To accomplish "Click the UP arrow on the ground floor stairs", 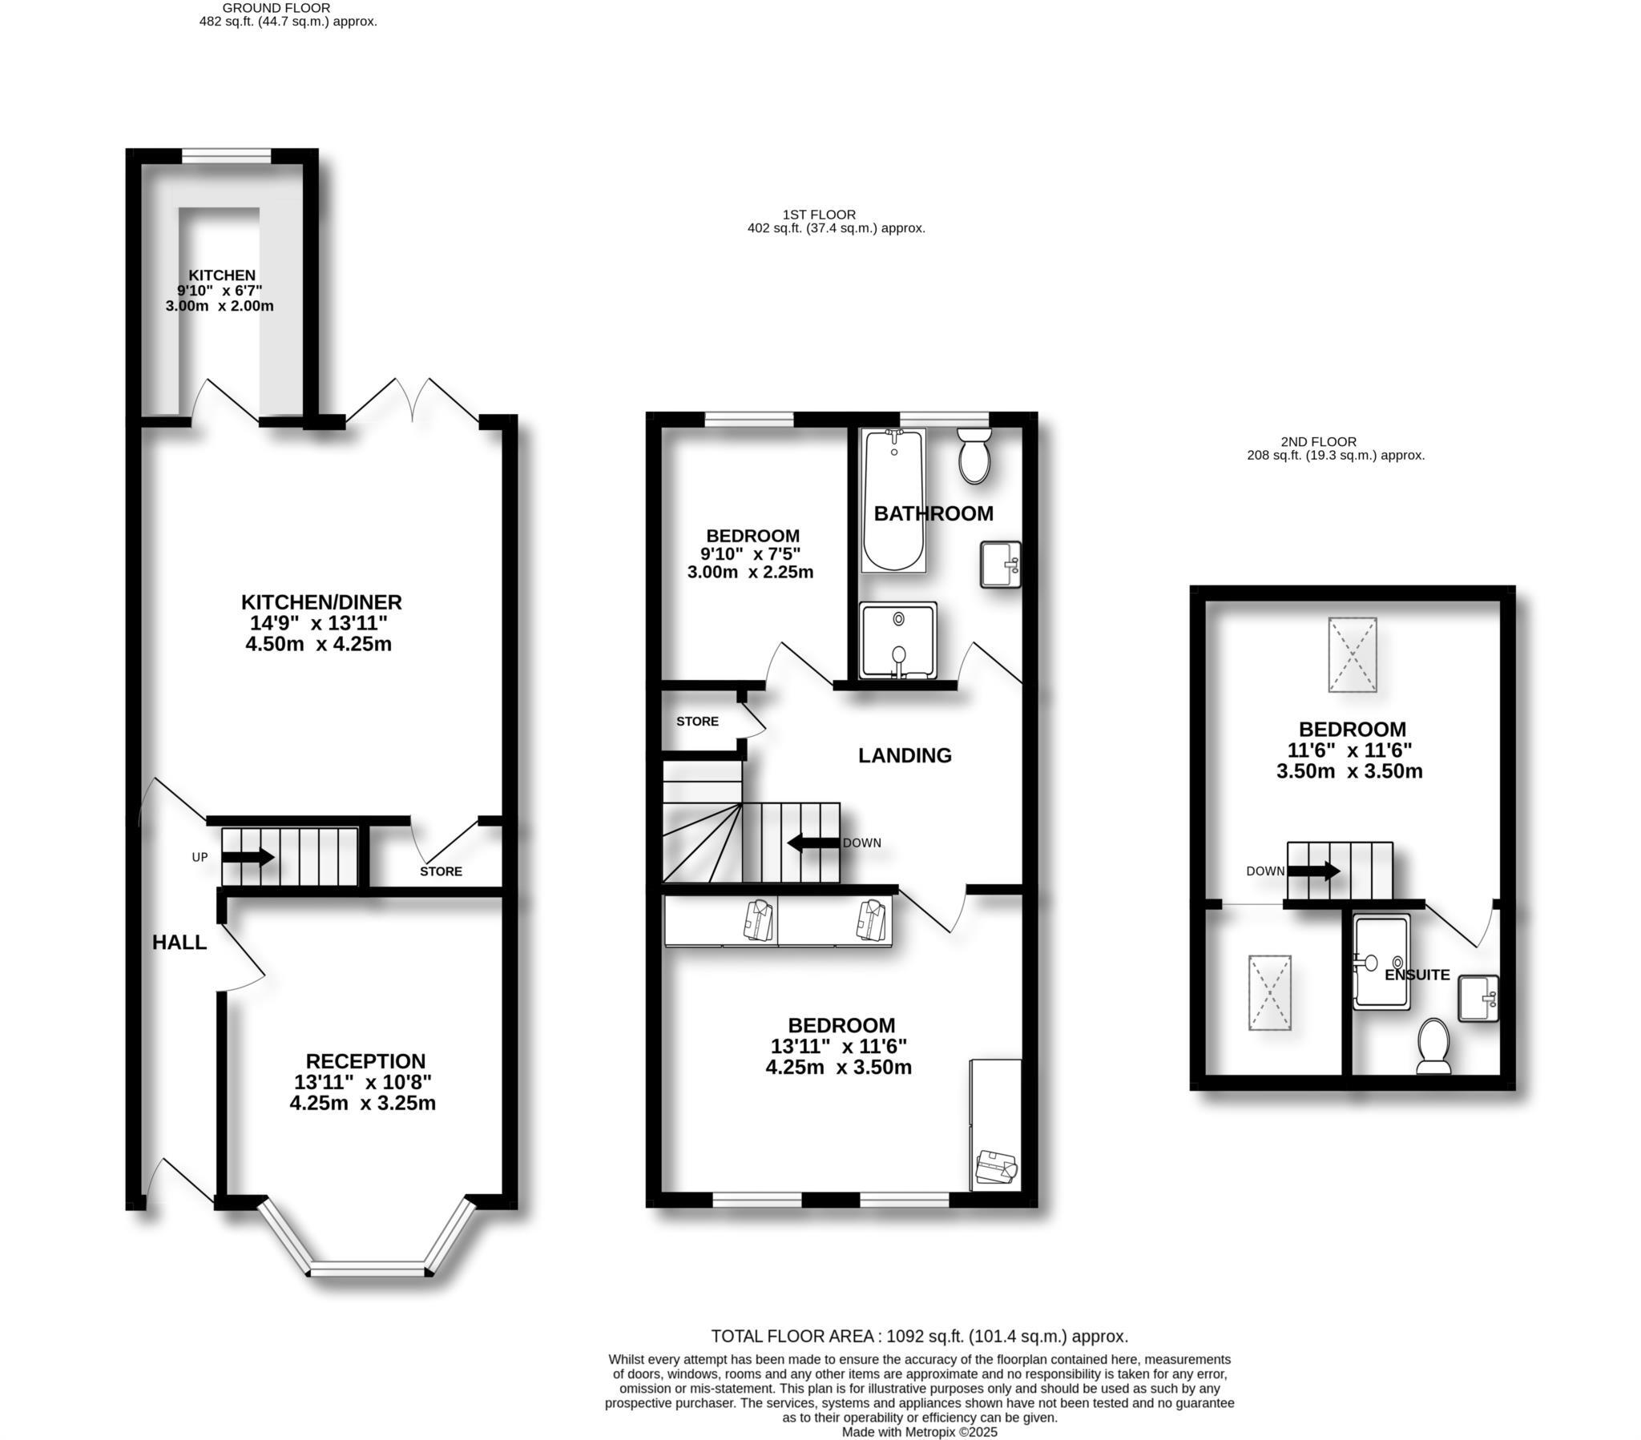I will (x=248, y=857).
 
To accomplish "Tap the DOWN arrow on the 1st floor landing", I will (x=813, y=843).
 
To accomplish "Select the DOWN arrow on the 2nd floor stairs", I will (x=1313, y=871).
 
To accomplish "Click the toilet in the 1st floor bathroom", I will (x=974, y=456).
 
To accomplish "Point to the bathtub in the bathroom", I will (x=893, y=501).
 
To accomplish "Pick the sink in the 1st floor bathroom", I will (x=1000, y=565).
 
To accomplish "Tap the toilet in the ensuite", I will (x=1433, y=1046).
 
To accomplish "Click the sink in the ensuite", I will (x=1478, y=998).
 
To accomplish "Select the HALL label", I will (x=179, y=943).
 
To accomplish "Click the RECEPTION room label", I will (x=365, y=1061).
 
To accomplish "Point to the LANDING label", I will (x=905, y=755).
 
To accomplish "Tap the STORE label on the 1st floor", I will (x=697, y=722).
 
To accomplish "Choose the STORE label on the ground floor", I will (x=441, y=871).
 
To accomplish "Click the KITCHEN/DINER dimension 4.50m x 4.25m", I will (x=319, y=644).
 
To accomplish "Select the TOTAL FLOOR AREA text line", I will (x=919, y=1337).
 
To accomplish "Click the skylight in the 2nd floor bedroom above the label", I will (x=1352, y=654).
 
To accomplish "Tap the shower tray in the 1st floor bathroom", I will (x=897, y=642).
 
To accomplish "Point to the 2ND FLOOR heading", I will (x=1318, y=441).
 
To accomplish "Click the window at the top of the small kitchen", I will (x=227, y=155).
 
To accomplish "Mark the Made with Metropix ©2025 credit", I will (x=919, y=1432).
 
